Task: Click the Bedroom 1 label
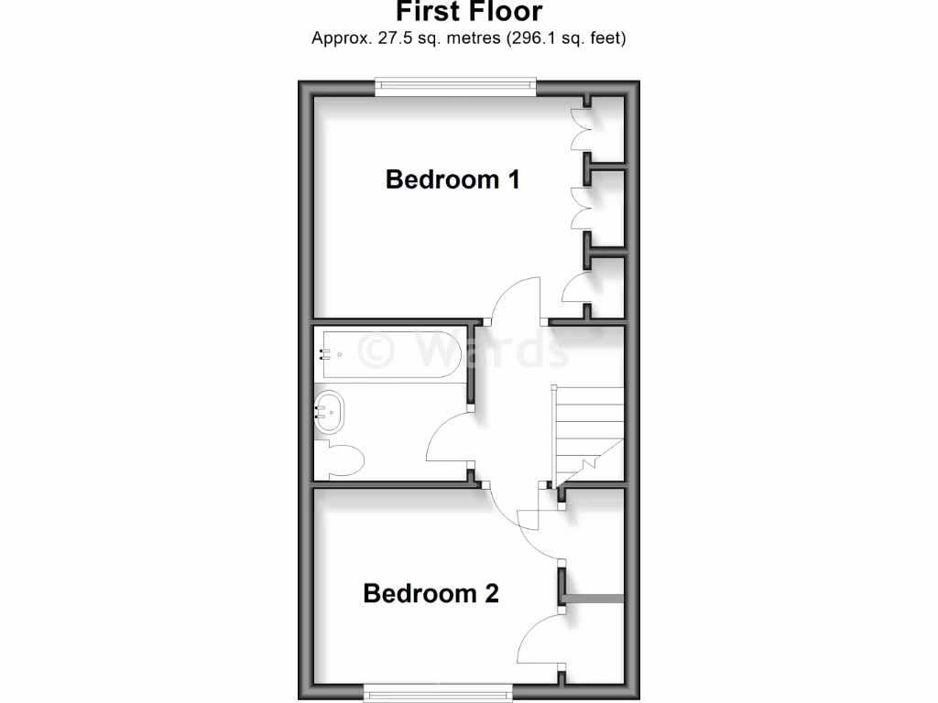(x=453, y=178)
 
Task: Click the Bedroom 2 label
(x=431, y=593)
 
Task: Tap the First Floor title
(x=469, y=12)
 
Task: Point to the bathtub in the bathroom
(x=389, y=353)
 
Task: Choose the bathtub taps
(x=323, y=353)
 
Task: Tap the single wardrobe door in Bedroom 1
(x=577, y=292)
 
